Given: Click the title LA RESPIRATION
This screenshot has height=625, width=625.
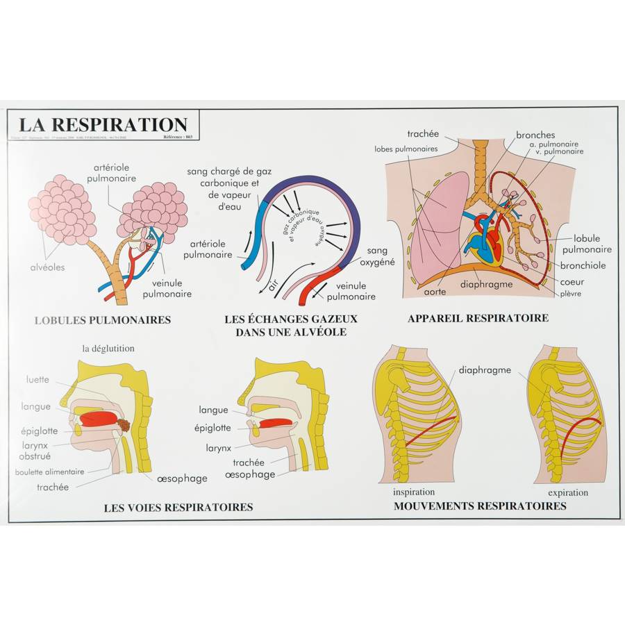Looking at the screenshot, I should pyautogui.click(x=103, y=125).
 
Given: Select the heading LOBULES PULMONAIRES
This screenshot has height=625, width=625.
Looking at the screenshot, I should pyautogui.click(x=103, y=320).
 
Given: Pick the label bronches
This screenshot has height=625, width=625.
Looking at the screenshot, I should pyautogui.click(x=535, y=135).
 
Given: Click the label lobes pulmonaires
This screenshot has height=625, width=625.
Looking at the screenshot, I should pyautogui.click(x=406, y=149).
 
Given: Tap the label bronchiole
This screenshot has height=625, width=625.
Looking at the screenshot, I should pyautogui.click(x=583, y=265).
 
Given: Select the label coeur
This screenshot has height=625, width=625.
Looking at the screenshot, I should pyautogui.click(x=574, y=282).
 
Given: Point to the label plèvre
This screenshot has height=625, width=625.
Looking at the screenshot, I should pyautogui.click(x=570, y=294).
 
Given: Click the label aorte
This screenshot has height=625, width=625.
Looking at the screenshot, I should pyautogui.click(x=435, y=292).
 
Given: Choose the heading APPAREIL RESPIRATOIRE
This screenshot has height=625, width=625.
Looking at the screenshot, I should pyautogui.click(x=478, y=318).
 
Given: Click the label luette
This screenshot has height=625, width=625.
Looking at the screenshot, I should pyautogui.click(x=37, y=379).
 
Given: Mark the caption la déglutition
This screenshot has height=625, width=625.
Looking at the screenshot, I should pyautogui.click(x=108, y=349).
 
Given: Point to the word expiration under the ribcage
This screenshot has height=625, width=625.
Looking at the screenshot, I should pyautogui.click(x=567, y=492).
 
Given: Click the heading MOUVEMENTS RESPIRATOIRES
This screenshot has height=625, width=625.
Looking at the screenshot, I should pyautogui.click(x=480, y=506).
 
